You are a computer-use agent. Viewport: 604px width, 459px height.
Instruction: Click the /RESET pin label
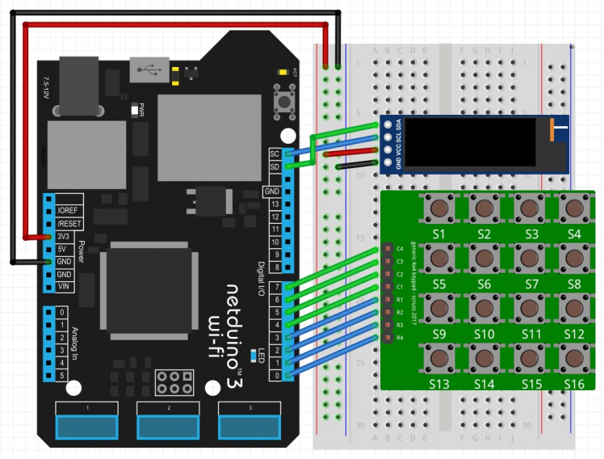(x=69, y=223)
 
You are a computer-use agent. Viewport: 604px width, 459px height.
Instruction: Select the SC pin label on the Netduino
(x=275, y=154)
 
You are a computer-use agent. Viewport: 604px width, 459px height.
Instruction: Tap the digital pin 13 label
(x=275, y=204)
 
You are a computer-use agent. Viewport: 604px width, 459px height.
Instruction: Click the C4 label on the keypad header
(x=399, y=249)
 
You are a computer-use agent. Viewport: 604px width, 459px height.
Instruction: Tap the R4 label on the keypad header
(x=399, y=338)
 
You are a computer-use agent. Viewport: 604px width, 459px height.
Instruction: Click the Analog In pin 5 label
(x=62, y=376)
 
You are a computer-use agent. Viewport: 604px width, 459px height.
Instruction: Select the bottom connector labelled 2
(x=169, y=424)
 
